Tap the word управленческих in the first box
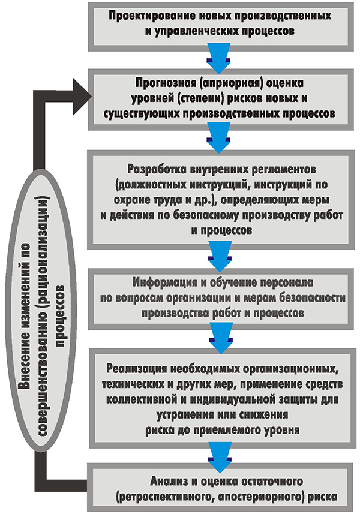pos(193,29)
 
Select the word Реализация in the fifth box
pos(139,366)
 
